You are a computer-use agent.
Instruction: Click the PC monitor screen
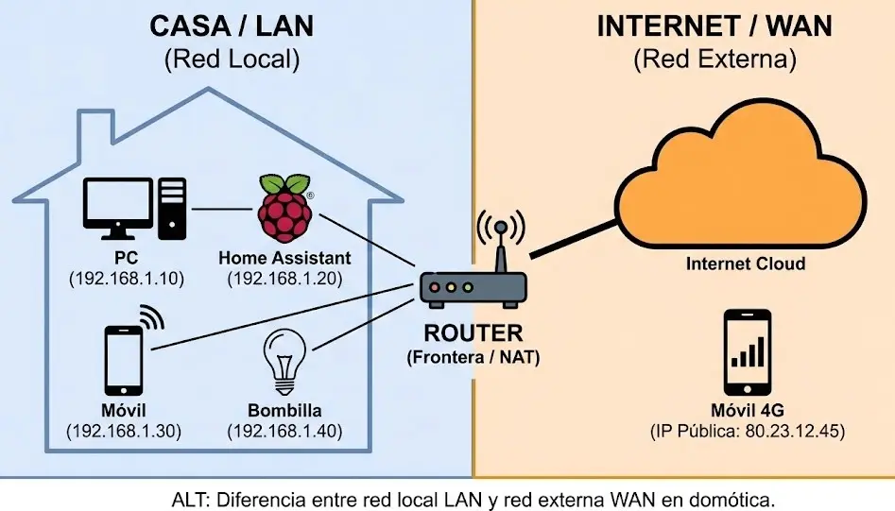tap(117, 201)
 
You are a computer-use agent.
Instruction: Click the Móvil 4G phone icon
tap(747, 352)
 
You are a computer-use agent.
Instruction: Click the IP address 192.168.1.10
tap(125, 279)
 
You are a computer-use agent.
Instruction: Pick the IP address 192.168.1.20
tap(284, 279)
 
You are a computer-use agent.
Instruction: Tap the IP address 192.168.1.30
tap(124, 432)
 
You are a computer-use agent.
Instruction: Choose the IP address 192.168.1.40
tap(284, 432)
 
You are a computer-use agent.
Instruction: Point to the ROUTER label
tap(473, 333)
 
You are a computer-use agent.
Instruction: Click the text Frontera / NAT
tap(473, 358)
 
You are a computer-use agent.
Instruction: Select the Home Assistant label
tap(284, 258)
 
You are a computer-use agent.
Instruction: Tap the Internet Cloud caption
tap(746, 264)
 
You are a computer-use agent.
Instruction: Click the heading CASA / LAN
tap(232, 26)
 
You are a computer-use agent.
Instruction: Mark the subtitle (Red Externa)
tap(714, 60)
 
